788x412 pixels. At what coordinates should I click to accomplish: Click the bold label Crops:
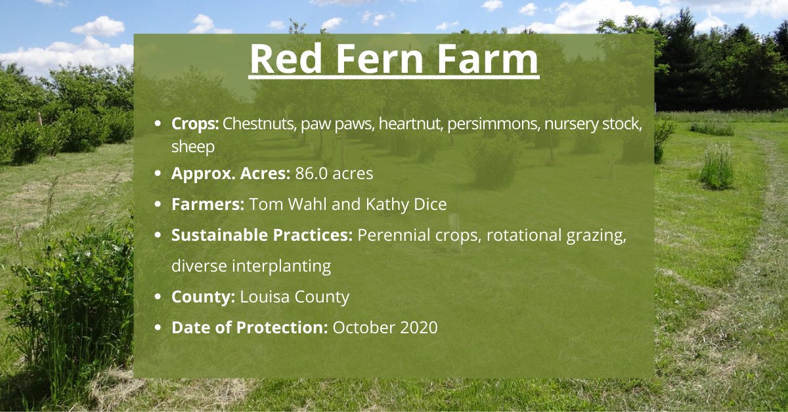(x=195, y=123)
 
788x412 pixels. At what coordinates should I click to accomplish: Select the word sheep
(x=193, y=146)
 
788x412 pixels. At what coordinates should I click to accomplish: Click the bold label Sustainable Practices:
(x=262, y=235)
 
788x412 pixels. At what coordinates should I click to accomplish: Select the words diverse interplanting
(x=251, y=266)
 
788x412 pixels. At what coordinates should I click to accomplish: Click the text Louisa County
(x=294, y=297)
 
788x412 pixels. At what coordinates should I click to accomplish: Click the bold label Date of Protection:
(x=250, y=327)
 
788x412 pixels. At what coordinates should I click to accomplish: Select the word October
(x=362, y=327)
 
